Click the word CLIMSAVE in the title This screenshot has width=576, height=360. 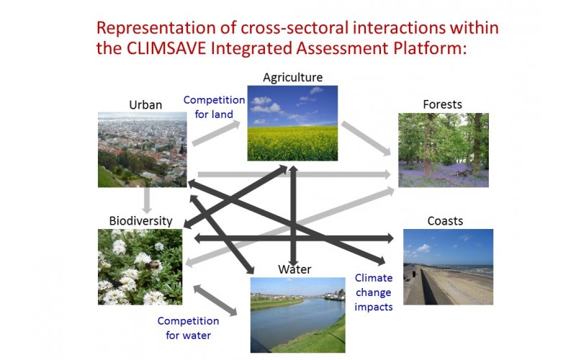tap(166, 48)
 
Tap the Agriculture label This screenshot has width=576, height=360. tap(293, 78)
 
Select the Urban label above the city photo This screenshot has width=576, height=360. tap(145, 104)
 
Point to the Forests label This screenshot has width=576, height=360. tap(442, 104)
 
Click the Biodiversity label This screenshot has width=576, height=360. tap(140, 221)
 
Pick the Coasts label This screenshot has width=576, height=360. tap(445, 221)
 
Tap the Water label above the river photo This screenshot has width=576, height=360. tap(294, 269)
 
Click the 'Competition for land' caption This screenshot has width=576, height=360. tap(214, 107)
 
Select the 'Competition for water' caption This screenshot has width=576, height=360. tap(188, 328)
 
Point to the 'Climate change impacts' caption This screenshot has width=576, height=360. tap(374, 292)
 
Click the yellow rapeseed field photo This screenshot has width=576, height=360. tap(292, 123)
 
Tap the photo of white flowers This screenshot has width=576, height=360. tap(140, 267)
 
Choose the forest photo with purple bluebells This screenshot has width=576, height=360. tap(444, 150)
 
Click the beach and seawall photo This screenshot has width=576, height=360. tap(448, 267)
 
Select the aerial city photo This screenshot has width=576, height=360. tap(142, 150)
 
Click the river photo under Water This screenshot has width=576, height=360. tap(298, 315)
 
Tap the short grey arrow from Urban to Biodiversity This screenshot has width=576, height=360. tap(147, 200)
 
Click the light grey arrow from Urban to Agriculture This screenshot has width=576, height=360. tap(216, 133)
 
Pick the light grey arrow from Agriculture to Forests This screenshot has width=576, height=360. tap(366, 138)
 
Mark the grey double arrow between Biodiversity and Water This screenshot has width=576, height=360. tap(215, 300)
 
